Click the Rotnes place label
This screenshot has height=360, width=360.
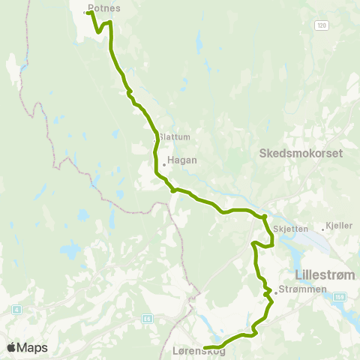[x=104, y=8]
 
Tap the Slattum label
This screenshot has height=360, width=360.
[x=175, y=136]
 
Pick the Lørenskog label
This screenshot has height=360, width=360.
[x=193, y=350]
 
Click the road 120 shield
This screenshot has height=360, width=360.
[x=321, y=25]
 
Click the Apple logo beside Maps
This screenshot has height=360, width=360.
[x=11, y=347]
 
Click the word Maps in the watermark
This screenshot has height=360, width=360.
[x=32, y=347]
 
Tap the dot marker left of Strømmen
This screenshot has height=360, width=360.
[x=276, y=292]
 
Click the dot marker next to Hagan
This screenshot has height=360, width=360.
[x=163, y=164]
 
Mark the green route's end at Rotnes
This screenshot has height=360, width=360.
[x=88, y=13]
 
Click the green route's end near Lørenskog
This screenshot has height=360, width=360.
[x=205, y=346]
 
